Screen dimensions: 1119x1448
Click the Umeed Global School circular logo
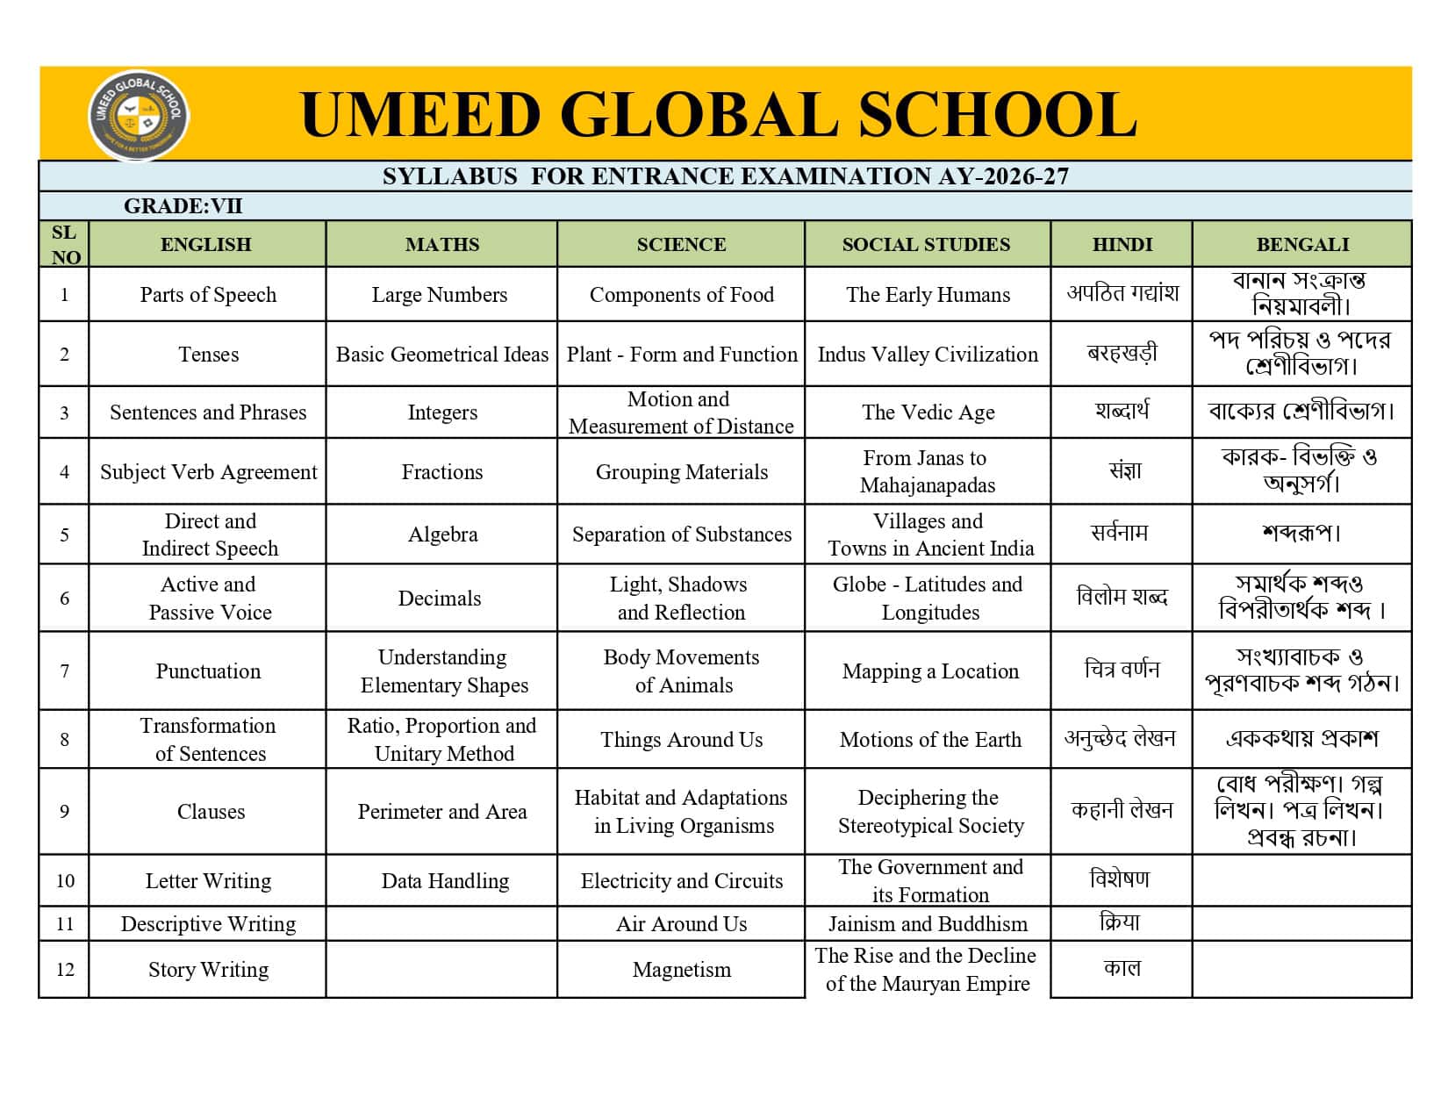click(139, 115)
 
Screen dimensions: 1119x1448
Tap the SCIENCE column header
click(681, 244)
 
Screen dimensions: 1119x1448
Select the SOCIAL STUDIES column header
click(926, 244)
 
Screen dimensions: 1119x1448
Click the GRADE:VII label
click(183, 206)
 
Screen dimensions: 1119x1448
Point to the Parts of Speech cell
click(208, 295)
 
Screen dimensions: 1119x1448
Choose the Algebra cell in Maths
click(442, 534)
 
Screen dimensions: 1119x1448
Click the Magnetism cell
click(681, 970)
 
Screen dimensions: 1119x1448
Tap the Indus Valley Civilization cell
click(928, 355)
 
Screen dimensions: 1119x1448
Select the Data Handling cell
click(445, 881)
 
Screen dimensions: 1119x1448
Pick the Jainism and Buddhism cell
click(928, 924)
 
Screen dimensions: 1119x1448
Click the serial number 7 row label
click(64, 671)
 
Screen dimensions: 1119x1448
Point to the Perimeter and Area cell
click(442, 812)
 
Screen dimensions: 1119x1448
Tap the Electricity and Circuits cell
click(681, 881)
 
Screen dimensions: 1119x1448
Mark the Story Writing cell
click(208, 970)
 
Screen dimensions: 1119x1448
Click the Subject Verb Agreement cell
click(208, 472)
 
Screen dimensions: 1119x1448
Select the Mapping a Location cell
click(930, 671)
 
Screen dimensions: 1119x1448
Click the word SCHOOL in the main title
click(997, 115)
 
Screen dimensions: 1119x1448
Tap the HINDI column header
click(1122, 244)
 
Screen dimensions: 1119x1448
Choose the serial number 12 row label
click(65, 970)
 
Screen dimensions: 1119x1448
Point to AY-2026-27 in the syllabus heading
click(1003, 176)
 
